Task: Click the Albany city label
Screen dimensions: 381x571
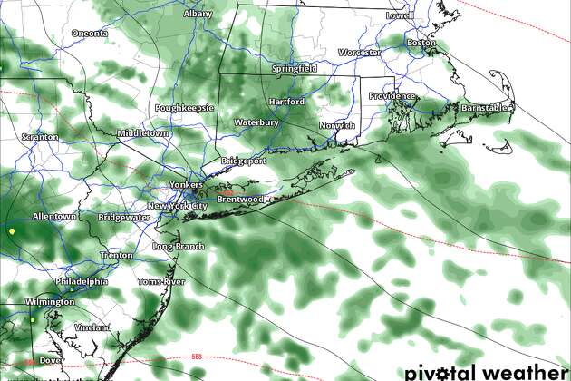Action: [198, 15]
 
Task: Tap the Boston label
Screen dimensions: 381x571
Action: [421, 43]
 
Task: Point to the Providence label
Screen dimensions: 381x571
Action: [391, 96]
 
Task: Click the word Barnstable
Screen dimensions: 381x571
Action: [486, 108]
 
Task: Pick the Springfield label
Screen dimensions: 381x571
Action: [295, 69]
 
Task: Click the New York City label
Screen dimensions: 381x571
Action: [177, 207]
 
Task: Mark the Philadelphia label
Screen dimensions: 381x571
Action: [82, 282]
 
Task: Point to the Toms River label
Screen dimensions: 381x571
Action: [160, 282]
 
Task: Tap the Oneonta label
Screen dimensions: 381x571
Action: [90, 34]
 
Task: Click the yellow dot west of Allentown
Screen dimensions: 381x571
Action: [12, 231]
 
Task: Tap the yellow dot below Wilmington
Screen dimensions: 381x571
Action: [32, 319]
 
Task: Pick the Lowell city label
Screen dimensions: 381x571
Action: [399, 15]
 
